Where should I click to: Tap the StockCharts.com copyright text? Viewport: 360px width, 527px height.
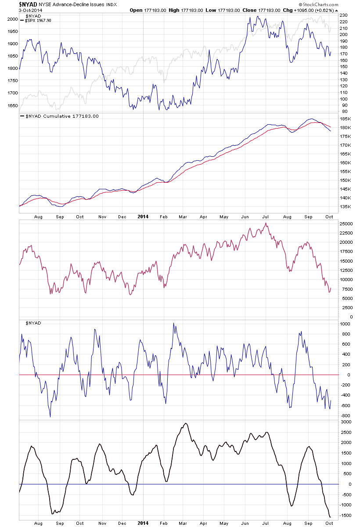click(315, 4)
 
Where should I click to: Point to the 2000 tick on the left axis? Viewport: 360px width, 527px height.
click(12, 19)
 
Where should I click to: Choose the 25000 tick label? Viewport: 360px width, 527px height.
click(346, 224)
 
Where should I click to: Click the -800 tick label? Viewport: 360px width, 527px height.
click(345, 415)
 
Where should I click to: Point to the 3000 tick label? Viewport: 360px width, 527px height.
click(346, 422)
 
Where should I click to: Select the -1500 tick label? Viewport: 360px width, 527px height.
click(345, 515)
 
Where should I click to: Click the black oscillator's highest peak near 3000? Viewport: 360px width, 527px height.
click(185, 423)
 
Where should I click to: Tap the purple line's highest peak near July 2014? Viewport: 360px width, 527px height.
click(266, 224)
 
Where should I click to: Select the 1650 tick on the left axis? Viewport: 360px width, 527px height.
click(12, 105)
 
